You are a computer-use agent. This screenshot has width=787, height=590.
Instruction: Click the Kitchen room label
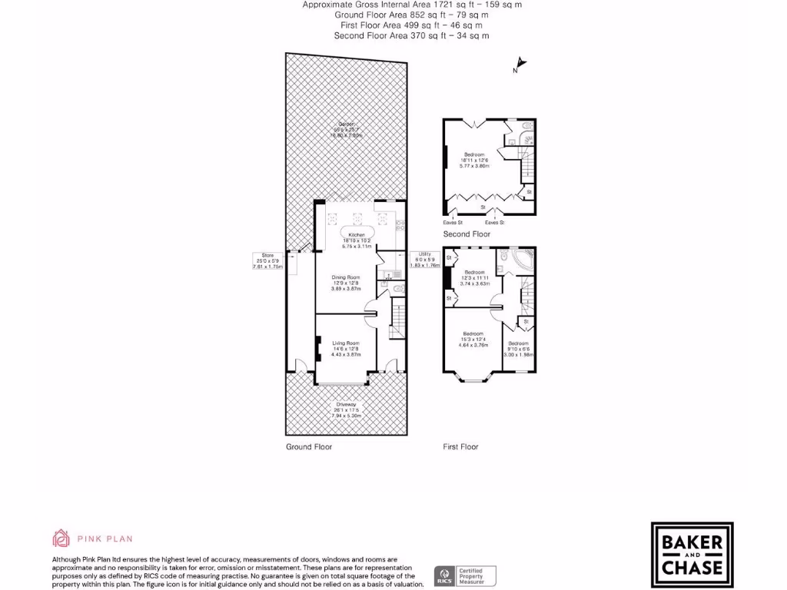356,234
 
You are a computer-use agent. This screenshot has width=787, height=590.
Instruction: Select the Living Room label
345,343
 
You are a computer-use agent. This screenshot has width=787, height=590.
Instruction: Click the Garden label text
345,125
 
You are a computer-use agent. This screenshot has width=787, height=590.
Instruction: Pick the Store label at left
267,255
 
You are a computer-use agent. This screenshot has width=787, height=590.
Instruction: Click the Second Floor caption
467,234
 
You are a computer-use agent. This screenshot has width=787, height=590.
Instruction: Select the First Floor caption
460,446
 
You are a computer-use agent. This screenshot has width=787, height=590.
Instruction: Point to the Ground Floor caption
309,446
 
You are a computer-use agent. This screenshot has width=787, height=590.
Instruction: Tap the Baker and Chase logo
692,552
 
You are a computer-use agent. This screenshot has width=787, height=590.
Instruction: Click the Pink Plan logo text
92,539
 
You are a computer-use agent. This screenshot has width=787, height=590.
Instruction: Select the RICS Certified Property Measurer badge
466,575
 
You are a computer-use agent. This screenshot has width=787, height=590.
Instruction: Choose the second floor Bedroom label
474,154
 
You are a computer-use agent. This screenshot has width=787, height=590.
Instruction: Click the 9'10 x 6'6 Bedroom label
517,343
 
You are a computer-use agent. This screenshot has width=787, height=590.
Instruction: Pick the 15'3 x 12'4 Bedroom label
474,333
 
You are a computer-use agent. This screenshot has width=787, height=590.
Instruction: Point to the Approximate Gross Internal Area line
411,5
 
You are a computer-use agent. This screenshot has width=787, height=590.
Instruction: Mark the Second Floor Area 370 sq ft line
411,35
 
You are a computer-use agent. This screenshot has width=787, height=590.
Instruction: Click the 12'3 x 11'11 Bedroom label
474,272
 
